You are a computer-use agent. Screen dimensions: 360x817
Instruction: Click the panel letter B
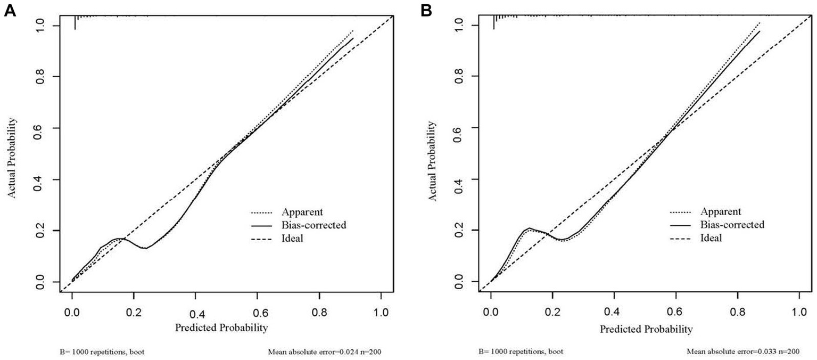[x=427, y=10]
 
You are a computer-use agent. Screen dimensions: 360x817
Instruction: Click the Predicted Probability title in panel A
[x=221, y=327]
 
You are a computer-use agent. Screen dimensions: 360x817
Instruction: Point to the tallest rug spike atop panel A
[x=75, y=22]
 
